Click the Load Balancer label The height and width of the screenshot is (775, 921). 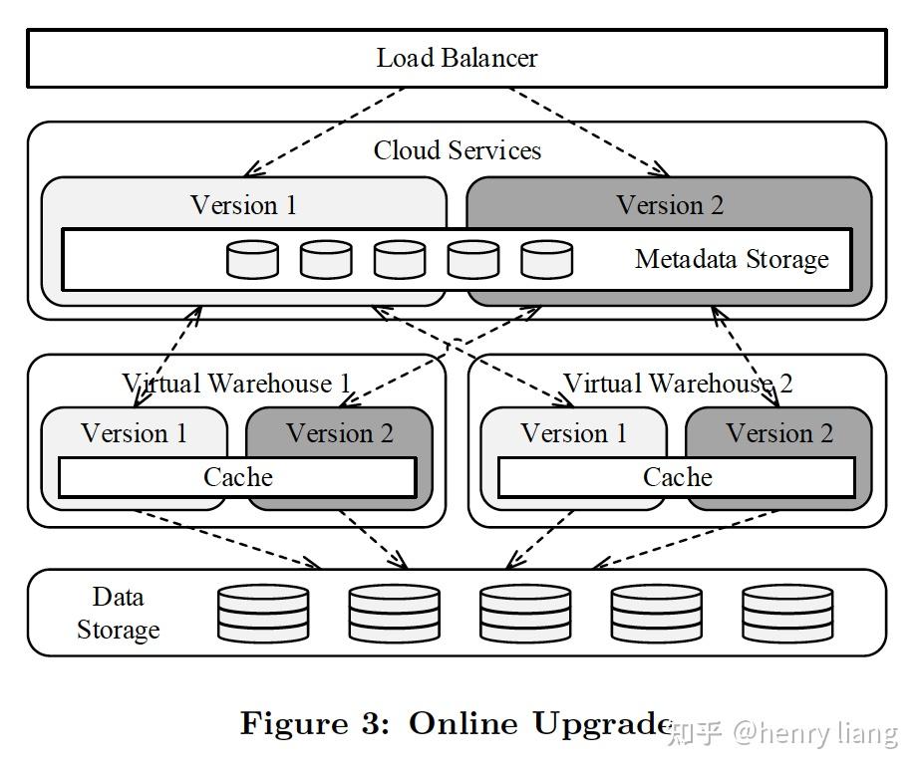[x=457, y=58]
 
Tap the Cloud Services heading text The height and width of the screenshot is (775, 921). [x=457, y=150]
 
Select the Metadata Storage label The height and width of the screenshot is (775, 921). [x=732, y=259]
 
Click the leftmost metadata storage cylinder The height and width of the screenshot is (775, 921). [x=252, y=260]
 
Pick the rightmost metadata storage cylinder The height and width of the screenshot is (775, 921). [x=547, y=260]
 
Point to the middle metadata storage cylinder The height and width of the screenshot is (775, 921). [x=400, y=260]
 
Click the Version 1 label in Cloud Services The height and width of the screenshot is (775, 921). [x=243, y=205]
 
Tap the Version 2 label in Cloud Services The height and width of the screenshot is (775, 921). [x=670, y=205]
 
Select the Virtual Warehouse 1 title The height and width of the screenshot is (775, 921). [x=236, y=384]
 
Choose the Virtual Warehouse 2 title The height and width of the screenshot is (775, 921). [x=678, y=384]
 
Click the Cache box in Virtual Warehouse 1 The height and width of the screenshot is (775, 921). [x=238, y=477]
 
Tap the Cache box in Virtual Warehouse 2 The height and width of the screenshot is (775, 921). [x=677, y=477]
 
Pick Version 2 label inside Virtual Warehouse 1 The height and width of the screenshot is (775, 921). [x=340, y=433]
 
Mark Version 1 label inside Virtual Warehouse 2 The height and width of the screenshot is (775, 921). [x=574, y=433]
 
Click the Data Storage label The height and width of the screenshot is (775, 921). [x=118, y=613]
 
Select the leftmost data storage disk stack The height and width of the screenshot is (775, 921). [x=263, y=613]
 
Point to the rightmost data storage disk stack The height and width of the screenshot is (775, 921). [x=787, y=613]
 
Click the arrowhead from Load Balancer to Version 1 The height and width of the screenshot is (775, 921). [x=251, y=170]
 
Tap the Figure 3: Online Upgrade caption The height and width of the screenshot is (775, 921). [x=456, y=723]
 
